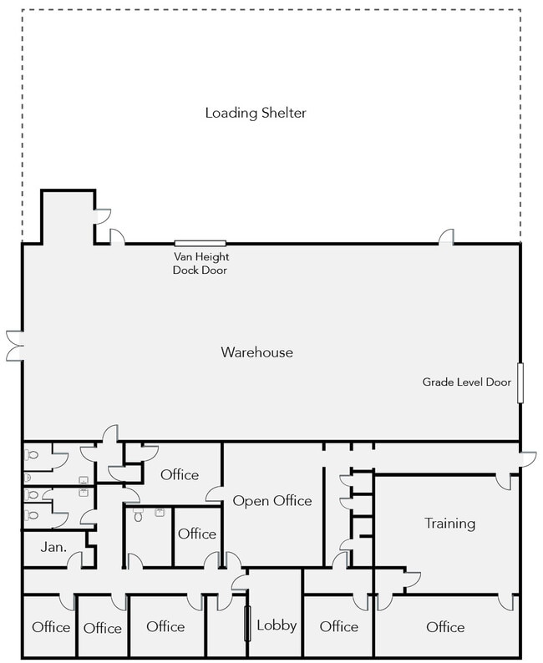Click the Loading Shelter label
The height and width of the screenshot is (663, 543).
(x=256, y=113)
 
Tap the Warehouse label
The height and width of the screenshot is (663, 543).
(x=256, y=352)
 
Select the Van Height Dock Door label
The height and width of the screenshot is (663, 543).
(x=200, y=263)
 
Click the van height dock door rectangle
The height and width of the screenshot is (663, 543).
(x=200, y=243)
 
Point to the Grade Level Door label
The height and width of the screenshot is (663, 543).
(x=466, y=382)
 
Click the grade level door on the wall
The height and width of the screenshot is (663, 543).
(x=520, y=382)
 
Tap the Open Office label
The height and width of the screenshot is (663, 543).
(x=272, y=501)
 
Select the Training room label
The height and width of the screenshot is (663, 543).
(x=450, y=524)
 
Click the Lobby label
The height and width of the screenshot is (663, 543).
(x=277, y=625)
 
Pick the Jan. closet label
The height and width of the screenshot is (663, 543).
(x=53, y=547)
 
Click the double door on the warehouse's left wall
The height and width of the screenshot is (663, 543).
(x=15, y=347)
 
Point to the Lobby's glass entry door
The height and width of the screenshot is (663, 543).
(x=248, y=624)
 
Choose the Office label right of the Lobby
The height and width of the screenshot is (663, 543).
(x=338, y=626)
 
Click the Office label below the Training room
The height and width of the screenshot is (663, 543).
(x=445, y=627)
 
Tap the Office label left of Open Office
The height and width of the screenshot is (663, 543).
(x=180, y=475)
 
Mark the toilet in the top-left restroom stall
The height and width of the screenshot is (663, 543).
(x=31, y=455)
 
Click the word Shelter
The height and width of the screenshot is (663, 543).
(x=284, y=113)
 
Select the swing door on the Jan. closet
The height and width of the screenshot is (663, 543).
(x=75, y=559)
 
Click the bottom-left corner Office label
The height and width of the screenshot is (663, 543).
(x=51, y=627)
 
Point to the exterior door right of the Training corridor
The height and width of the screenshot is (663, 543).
(x=527, y=459)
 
